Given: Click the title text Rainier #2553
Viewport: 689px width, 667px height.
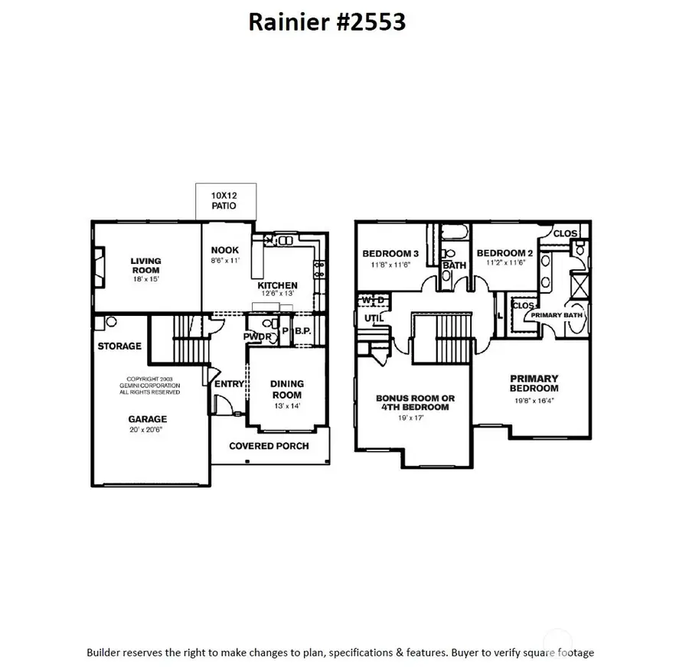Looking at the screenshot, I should pos(327,22).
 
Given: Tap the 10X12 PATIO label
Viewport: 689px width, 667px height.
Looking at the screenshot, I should pos(224,201).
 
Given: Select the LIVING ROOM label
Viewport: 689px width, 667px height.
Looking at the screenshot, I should pos(145,265).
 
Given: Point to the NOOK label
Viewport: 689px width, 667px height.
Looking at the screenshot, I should pos(225,250).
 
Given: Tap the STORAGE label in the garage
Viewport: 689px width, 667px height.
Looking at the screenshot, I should pos(119,346).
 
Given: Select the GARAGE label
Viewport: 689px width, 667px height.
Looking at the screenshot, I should pos(148,419).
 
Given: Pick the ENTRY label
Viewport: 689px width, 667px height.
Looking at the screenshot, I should pos(230,384).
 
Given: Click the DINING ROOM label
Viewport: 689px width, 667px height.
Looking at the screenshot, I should pos(287,389).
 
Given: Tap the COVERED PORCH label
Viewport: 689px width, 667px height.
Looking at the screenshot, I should pos(269,446).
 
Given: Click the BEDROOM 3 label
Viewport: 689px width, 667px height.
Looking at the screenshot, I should pos(390,253).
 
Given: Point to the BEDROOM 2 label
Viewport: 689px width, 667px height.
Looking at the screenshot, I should pos(505,253).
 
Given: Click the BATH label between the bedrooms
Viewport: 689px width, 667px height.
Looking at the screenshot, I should pos(454,265).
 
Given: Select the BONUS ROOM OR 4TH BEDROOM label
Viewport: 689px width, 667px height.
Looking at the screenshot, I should pos(415,402).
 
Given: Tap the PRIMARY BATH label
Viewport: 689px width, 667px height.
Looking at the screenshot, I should pos(558,313).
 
